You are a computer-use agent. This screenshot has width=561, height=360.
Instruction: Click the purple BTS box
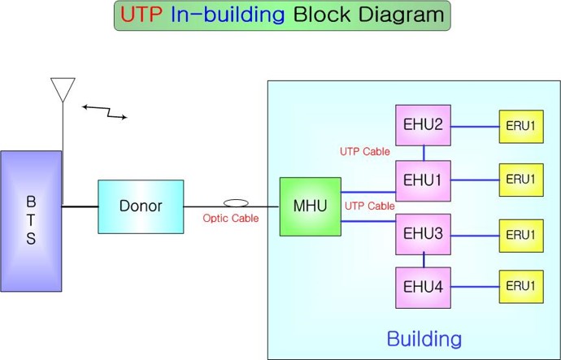click(31, 221)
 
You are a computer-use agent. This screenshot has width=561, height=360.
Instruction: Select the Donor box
click(141, 206)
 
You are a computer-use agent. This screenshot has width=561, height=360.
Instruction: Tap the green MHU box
click(311, 206)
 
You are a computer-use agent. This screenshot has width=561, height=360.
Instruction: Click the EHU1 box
click(423, 180)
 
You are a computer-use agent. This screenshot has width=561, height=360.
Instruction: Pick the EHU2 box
click(423, 125)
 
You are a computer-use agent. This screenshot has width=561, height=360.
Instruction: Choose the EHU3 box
click(423, 234)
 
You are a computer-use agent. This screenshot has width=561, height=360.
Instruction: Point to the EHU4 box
click(423, 288)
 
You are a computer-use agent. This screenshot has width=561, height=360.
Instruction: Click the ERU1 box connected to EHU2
click(521, 127)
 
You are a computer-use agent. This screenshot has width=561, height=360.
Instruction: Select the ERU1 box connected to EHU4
click(521, 287)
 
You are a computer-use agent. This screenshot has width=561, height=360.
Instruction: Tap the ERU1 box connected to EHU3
click(521, 236)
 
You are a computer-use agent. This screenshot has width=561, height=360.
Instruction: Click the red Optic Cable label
click(231, 219)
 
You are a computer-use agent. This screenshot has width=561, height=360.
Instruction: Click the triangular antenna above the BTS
click(63, 89)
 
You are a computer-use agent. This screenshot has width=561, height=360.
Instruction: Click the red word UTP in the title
click(141, 15)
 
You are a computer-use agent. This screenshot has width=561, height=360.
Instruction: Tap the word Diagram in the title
click(401, 15)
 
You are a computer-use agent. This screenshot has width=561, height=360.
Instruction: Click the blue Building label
click(424, 339)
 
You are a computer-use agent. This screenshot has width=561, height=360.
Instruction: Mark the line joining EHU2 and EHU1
click(424, 153)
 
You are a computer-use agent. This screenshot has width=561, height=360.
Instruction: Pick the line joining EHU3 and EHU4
click(424, 260)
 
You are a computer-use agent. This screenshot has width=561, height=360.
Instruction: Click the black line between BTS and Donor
click(80, 206)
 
